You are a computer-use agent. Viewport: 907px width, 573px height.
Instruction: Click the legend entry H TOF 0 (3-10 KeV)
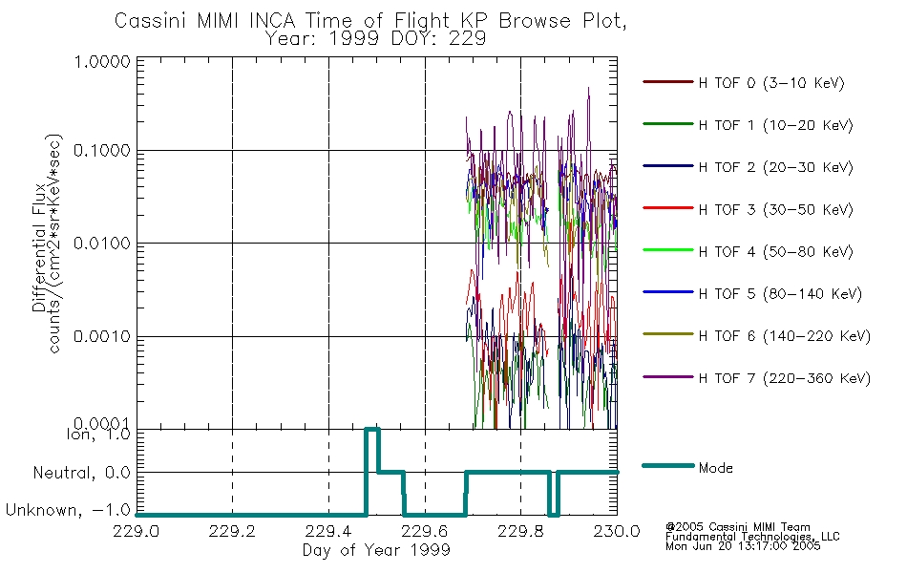(771, 83)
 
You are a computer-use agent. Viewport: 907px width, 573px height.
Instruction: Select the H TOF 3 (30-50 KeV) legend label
(775, 209)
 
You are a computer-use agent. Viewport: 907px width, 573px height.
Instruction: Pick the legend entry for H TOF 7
(785, 378)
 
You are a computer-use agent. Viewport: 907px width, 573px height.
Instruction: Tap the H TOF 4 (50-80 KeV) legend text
(775, 252)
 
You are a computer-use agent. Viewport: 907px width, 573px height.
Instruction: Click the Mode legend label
(715, 468)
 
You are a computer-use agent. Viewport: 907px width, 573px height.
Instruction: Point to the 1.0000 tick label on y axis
(102, 61)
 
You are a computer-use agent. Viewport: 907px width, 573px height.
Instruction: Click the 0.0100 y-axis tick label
(102, 244)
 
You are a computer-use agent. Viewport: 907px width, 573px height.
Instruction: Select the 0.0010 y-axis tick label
(102, 336)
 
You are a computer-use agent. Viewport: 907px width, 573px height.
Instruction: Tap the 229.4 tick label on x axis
(328, 531)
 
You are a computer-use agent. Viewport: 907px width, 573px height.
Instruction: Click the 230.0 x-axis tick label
(617, 531)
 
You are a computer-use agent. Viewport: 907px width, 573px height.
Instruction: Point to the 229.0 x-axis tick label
(136, 531)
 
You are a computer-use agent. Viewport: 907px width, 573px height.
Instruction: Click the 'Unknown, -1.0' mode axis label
(68, 510)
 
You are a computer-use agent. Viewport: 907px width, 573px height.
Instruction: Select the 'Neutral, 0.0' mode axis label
(81, 473)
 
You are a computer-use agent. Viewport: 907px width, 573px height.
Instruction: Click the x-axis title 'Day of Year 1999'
(376, 550)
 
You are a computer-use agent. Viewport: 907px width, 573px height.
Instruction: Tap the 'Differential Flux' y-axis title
(39, 247)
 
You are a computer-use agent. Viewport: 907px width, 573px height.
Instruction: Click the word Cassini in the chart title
(152, 21)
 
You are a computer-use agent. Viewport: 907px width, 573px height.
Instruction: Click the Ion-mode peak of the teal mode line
(372, 430)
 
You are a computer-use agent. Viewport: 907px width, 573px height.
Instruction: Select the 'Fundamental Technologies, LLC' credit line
(752, 537)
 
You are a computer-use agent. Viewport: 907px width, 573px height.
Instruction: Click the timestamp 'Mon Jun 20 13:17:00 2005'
(743, 546)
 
